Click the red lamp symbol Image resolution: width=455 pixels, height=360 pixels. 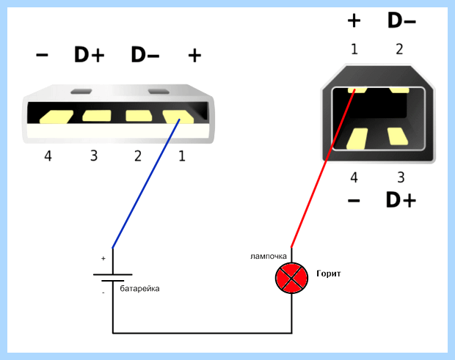pyautogui.click(x=291, y=278)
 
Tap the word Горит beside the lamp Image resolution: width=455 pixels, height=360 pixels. pyautogui.click(x=328, y=273)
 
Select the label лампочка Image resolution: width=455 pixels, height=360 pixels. pyautogui.click(x=269, y=256)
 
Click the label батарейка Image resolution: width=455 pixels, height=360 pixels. pyautogui.click(x=139, y=289)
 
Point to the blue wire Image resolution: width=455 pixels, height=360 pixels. pyautogui.click(x=146, y=183)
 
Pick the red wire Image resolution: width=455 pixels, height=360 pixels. pyautogui.click(x=323, y=169)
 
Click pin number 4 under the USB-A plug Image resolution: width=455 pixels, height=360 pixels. pyautogui.click(x=48, y=156)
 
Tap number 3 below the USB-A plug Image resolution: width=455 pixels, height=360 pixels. pyautogui.click(x=94, y=155)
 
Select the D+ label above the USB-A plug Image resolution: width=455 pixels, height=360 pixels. pyautogui.click(x=89, y=54)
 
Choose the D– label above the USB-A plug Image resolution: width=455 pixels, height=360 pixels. pyautogui.click(x=145, y=54)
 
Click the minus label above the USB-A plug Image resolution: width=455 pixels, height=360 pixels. pyautogui.click(x=42, y=54)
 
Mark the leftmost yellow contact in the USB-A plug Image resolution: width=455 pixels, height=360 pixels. pyautogui.click(x=56, y=117)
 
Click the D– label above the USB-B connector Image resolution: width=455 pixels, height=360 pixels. pyautogui.click(x=401, y=21)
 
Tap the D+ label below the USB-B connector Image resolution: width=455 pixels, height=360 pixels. pyautogui.click(x=401, y=200)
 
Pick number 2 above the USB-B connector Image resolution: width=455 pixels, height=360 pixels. pyautogui.click(x=399, y=49)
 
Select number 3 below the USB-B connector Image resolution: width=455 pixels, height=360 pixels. pyautogui.click(x=401, y=177)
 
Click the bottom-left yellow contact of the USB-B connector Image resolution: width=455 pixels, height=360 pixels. pyautogui.click(x=357, y=139)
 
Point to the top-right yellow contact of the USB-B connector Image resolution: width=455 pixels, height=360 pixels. pyautogui.click(x=399, y=90)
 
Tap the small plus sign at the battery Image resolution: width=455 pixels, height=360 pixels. pyautogui.click(x=103, y=258)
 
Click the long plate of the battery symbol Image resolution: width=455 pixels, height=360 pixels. pyautogui.click(x=112, y=274)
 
